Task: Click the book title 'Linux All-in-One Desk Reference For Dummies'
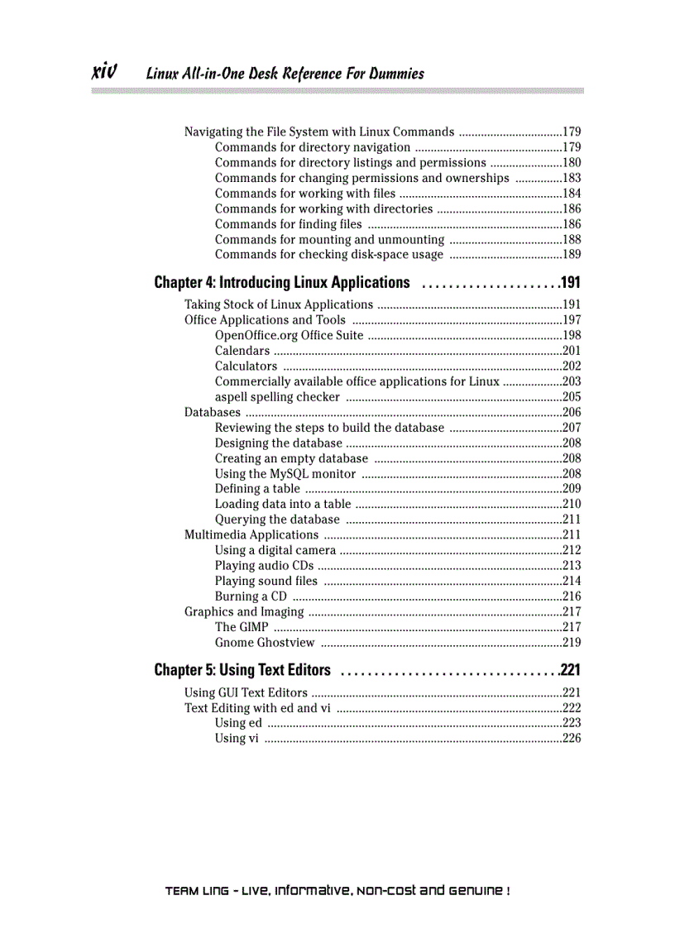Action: click(285, 74)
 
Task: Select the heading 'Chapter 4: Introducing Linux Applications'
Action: click(282, 283)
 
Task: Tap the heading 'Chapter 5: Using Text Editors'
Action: click(242, 669)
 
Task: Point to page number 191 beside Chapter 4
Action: click(571, 283)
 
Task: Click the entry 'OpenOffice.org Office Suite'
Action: click(289, 335)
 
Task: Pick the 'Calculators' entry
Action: click(246, 366)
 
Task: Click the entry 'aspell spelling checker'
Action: click(277, 397)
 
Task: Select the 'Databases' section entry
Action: click(213, 412)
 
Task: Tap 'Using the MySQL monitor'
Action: click(285, 474)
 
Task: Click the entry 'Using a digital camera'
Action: click(275, 550)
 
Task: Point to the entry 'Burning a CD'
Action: click(251, 596)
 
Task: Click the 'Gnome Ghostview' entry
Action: click(265, 643)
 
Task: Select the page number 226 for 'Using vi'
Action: click(572, 739)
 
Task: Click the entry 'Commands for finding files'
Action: click(288, 224)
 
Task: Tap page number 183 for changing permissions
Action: click(572, 178)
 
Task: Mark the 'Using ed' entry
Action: click(238, 723)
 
